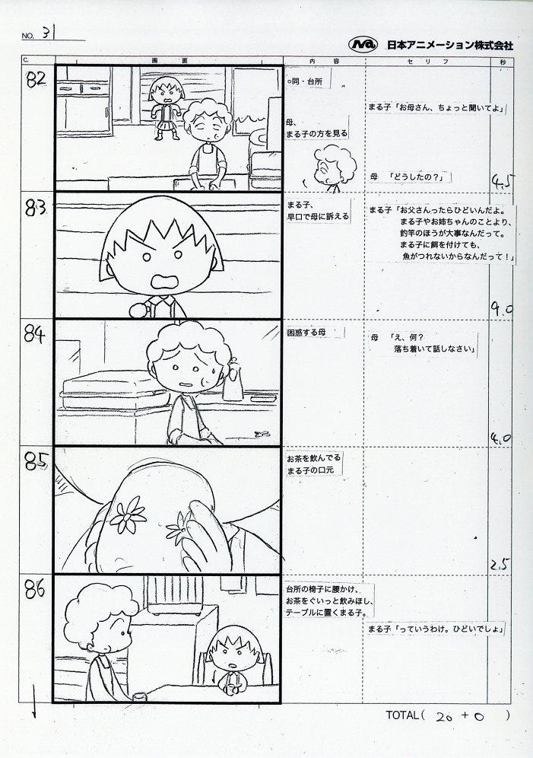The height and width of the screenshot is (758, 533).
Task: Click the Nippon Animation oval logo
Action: point(363,44)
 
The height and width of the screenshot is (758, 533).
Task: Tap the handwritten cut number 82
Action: point(36,79)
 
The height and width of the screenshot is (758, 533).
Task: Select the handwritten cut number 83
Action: point(36,208)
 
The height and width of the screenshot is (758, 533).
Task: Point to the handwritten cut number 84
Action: point(35,334)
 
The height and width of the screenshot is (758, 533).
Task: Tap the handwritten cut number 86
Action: point(35,590)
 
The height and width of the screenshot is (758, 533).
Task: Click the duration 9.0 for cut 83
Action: point(502,309)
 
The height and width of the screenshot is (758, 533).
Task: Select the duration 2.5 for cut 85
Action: point(500,564)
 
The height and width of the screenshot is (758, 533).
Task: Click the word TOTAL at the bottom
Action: point(401,715)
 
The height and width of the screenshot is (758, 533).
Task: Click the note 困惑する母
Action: point(306,332)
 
